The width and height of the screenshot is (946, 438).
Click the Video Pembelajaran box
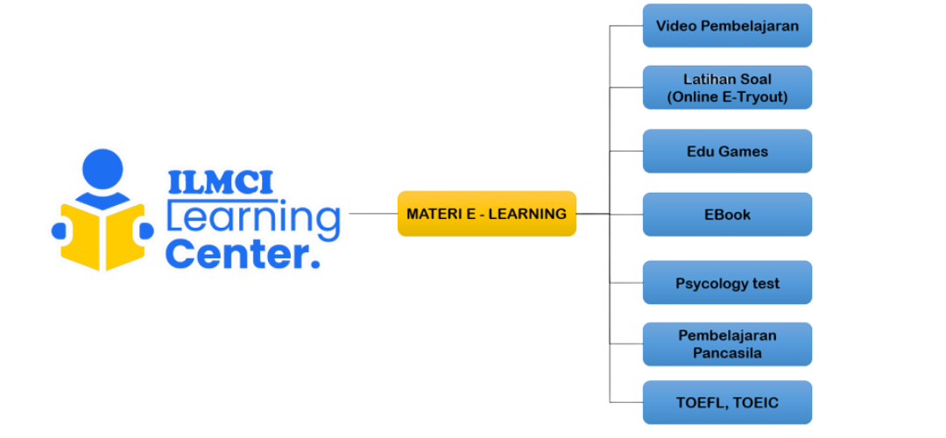[x=727, y=25]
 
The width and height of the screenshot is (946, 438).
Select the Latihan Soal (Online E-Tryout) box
[x=727, y=88]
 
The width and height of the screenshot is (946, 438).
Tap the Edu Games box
[x=727, y=152]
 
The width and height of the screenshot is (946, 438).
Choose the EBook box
[x=727, y=215]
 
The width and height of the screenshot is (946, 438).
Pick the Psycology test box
[x=727, y=283]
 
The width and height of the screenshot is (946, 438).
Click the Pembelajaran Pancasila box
[x=727, y=344]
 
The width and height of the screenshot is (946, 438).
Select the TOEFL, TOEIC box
[x=727, y=403]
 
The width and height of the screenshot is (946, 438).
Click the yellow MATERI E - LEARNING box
[x=486, y=214]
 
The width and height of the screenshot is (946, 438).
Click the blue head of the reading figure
[x=102, y=169]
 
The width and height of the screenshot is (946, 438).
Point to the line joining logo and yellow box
[x=372, y=214]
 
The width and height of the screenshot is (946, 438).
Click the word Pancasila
[x=727, y=354]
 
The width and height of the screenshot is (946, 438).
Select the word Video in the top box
[x=675, y=25]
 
